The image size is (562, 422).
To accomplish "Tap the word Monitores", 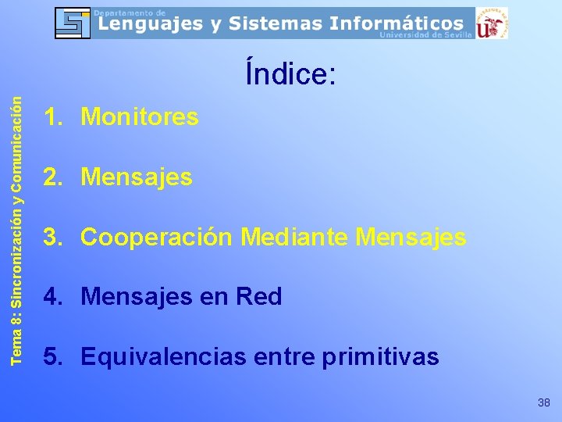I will point(140,117).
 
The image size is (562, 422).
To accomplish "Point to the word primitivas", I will point(380,357).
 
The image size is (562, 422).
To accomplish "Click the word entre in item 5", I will point(283,357).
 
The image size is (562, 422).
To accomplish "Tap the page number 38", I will point(544,402).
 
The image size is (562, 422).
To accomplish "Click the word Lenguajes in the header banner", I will point(148,23).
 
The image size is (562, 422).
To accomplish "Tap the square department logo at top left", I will point(73,23).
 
